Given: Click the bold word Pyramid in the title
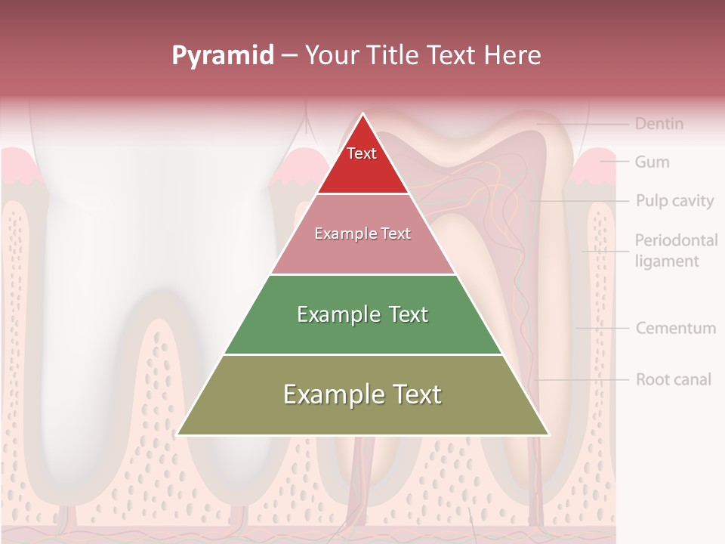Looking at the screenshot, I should click(x=223, y=55).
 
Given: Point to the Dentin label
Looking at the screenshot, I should click(x=659, y=123).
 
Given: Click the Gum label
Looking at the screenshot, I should click(x=652, y=162).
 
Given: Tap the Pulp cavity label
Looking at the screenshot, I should click(x=674, y=201).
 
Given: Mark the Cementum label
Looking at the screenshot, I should click(x=675, y=328).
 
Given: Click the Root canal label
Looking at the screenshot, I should click(x=673, y=379).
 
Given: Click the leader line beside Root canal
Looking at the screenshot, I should click(x=582, y=379).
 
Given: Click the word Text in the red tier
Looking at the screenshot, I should click(x=362, y=153).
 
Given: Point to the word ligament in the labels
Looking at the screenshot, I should click(x=667, y=261).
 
